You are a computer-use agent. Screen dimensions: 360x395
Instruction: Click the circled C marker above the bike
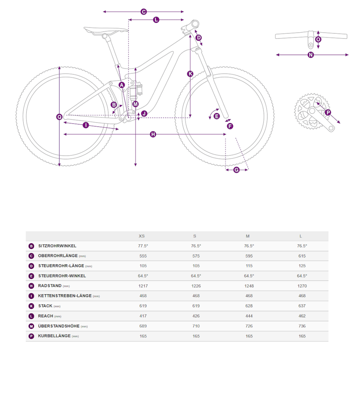143,12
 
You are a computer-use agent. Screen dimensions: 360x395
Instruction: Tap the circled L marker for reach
156,20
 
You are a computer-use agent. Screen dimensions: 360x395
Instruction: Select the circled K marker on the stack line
190,73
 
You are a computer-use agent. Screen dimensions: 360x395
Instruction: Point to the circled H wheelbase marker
153,134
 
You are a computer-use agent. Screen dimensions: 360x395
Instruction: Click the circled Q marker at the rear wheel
59,117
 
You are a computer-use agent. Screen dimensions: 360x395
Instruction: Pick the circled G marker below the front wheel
237,170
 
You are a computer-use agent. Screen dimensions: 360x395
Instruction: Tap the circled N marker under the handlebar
311,55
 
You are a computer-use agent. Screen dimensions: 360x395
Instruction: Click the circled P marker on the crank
328,112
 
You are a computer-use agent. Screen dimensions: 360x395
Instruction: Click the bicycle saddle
106,31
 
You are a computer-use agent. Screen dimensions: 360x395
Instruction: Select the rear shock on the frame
135,90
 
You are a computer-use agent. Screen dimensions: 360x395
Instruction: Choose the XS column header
142,236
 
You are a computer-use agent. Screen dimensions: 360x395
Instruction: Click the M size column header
248,236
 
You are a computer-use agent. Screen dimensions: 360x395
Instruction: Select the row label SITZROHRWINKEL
57,246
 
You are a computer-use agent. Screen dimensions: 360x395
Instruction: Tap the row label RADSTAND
50,285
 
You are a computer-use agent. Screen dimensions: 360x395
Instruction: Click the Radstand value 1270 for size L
302,286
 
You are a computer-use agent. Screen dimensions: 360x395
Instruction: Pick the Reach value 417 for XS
143,316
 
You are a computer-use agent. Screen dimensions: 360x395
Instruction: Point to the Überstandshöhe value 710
196,326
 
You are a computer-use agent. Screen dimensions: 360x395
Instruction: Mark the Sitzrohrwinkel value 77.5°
143,246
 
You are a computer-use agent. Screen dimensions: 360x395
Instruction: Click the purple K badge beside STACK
31,306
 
